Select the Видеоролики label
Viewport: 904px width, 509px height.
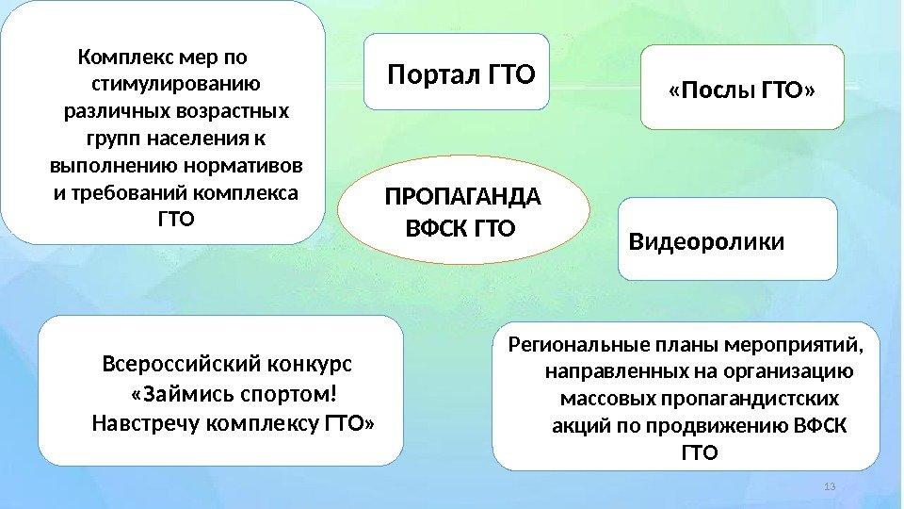[705, 243]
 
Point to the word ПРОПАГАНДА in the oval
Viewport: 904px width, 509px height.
[463, 199]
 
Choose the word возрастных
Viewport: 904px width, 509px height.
[230, 112]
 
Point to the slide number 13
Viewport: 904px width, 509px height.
[829, 486]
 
